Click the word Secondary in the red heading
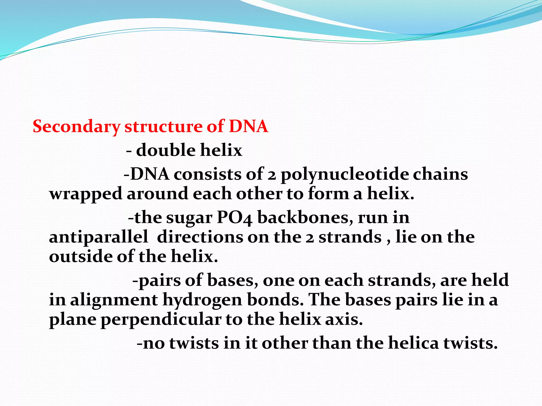[x=76, y=127]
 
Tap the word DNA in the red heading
[x=248, y=126]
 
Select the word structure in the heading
[x=163, y=127]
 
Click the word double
[x=166, y=150]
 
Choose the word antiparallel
[x=98, y=237]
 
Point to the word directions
[x=200, y=237]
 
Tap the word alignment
[x=114, y=300]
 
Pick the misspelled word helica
[x=413, y=343]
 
